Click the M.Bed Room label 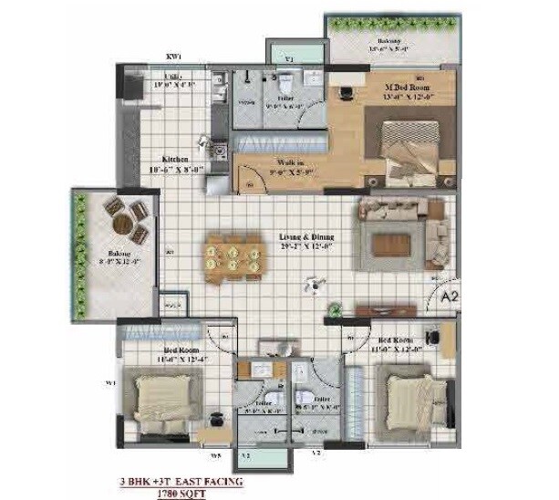coord(402,88)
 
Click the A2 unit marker coord(448,297)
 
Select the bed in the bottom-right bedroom coord(415,399)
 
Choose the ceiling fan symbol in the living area coord(314,285)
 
